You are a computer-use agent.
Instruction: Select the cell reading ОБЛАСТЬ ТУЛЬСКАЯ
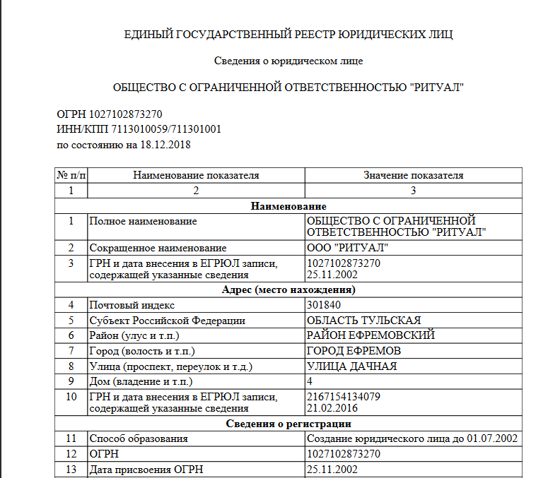click(363, 321)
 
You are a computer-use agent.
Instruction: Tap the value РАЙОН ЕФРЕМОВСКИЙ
click(371, 335)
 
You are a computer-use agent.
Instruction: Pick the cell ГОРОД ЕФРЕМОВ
click(354, 351)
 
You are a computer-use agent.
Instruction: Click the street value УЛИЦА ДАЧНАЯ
click(351, 366)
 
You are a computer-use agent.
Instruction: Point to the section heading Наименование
click(288, 206)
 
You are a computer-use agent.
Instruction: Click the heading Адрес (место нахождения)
click(288, 289)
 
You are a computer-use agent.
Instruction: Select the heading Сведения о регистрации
click(288, 424)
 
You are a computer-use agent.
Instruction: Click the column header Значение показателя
click(414, 175)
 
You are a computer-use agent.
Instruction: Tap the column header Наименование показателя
click(197, 175)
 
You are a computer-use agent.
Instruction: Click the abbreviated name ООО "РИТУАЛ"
click(347, 248)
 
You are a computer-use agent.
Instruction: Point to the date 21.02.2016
click(332, 408)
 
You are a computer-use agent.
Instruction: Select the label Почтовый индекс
click(132, 305)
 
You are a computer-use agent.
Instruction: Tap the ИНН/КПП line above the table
click(139, 129)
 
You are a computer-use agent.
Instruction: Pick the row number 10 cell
click(71, 397)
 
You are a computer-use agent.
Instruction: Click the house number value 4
click(310, 381)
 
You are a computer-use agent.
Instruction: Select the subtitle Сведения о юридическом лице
click(288, 61)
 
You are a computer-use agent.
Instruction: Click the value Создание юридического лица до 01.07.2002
click(412, 438)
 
